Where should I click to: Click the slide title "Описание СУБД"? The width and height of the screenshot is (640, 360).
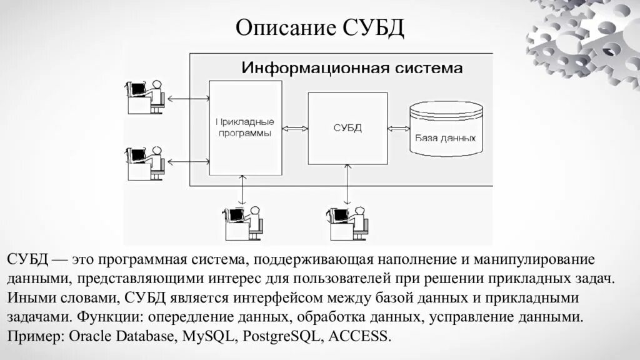320,27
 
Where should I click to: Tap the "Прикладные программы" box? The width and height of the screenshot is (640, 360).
244,128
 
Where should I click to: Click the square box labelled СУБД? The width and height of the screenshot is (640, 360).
347,128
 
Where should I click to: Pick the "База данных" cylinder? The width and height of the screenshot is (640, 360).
446,129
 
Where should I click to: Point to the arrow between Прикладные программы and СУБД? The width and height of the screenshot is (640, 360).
296,129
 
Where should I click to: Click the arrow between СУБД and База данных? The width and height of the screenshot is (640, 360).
397,129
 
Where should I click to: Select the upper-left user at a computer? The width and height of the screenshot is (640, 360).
146,96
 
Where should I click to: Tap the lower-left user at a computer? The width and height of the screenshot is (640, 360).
146,162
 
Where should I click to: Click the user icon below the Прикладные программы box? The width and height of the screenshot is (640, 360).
243,222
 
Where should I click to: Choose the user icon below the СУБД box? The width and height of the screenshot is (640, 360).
348,222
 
